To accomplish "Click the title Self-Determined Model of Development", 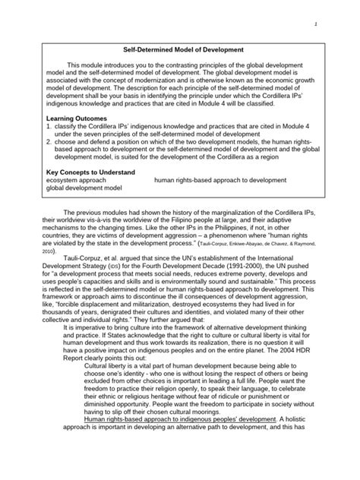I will point(180,49).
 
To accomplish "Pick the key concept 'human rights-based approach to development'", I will point(220,181).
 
